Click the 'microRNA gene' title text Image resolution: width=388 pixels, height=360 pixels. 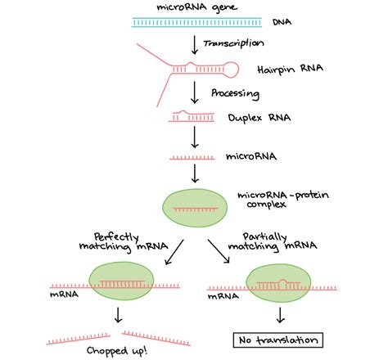click(x=196, y=7)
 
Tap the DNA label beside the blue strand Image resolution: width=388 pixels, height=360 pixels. click(x=282, y=22)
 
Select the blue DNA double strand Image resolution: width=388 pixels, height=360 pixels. click(x=196, y=22)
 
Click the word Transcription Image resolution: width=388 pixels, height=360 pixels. click(x=233, y=43)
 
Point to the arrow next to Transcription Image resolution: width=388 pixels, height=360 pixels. click(x=195, y=45)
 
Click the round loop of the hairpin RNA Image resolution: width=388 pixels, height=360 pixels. click(x=231, y=70)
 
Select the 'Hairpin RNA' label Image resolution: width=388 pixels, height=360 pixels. click(x=290, y=69)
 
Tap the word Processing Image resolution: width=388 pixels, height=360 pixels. click(x=235, y=94)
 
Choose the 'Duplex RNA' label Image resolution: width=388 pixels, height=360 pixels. click(x=259, y=118)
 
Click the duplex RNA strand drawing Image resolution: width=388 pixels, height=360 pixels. click(x=192, y=116)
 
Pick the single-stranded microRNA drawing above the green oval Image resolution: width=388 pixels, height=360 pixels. click(x=192, y=158)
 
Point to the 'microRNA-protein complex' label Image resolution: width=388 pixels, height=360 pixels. click(x=283, y=200)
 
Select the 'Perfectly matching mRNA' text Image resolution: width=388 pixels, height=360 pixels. click(x=124, y=242)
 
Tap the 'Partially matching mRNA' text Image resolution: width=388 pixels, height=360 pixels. click(x=273, y=242)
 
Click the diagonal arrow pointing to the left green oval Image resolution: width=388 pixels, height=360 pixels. click(x=174, y=252)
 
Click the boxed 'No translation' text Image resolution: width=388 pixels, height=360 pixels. click(x=278, y=340)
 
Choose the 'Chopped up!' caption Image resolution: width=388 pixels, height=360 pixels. click(x=117, y=351)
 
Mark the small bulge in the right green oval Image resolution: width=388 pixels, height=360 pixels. click(x=282, y=281)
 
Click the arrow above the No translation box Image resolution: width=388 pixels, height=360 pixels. click(x=280, y=315)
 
